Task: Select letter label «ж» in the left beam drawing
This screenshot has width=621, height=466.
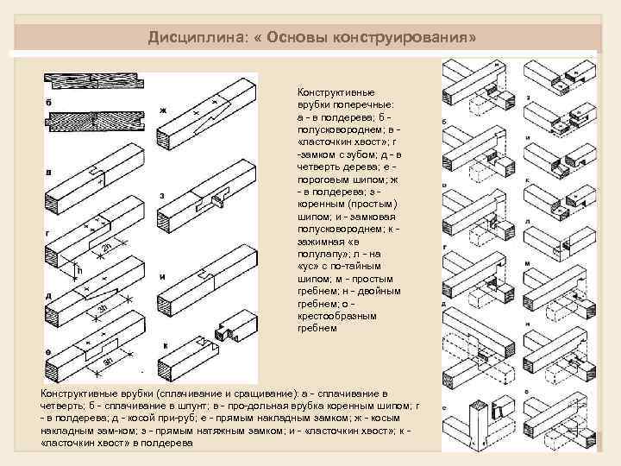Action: tap(161, 110)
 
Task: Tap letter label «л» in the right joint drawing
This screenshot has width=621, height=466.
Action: tap(524, 224)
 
